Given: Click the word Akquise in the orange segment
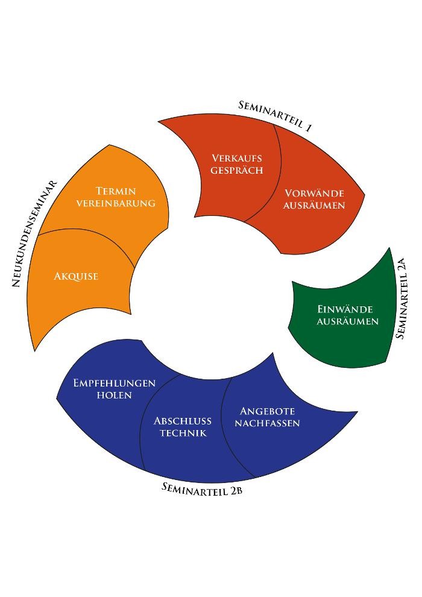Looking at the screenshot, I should [x=76, y=277].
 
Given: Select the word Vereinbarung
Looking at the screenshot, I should [x=116, y=203].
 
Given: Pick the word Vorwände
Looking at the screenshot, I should [x=314, y=194].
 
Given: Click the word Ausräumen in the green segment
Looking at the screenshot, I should [x=348, y=321].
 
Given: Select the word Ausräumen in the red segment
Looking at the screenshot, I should [x=314, y=206].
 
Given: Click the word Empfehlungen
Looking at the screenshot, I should [x=115, y=383].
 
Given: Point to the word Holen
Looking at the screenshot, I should [x=115, y=395].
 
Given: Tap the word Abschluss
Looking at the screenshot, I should [x=183, y=421].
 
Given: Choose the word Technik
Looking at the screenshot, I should [x=183, y=433].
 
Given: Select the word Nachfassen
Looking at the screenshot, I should [x=267, y=423].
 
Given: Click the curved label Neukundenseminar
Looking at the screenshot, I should [x=35, y=233].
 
